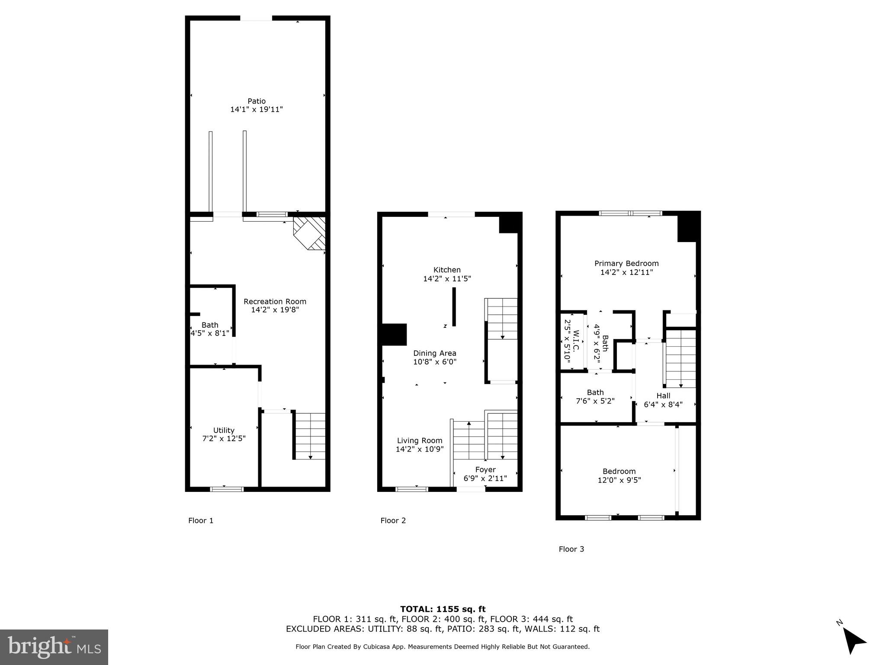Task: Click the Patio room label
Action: pyautogui.click(x=257, y=101)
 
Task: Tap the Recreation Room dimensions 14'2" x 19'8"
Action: pyautogui.click(x=275, y=310)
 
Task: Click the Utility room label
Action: pyautogui.click(x=224, y=430)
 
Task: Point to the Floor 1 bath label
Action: pyautogui.click(x=210, y=325)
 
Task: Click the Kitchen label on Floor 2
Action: pyautogui.click(x=447, y=270)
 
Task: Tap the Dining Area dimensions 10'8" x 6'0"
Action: pyautogui.click(x=434, y=362)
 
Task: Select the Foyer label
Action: pyautogui.click(x=485, y=470)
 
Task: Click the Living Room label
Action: pyautogui.click(x=419, y=441)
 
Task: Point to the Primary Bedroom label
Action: pyautogui.click(x=626, y=263)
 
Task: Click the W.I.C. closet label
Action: pyautogui.click(x=575, y=341)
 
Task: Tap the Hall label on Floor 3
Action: pyautogui.click(x=663, y=396)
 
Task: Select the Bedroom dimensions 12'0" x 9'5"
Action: pyautogui.click(x=619, y=480)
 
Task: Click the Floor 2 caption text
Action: pyautogui.click(x=393, y=520)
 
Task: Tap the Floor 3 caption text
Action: pyautogui.click(x=571, y=549)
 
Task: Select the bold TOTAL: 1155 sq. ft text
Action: pyautogui.click(x=443, y=609)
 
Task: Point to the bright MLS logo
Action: pyautogui.click(x=54, y=647)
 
